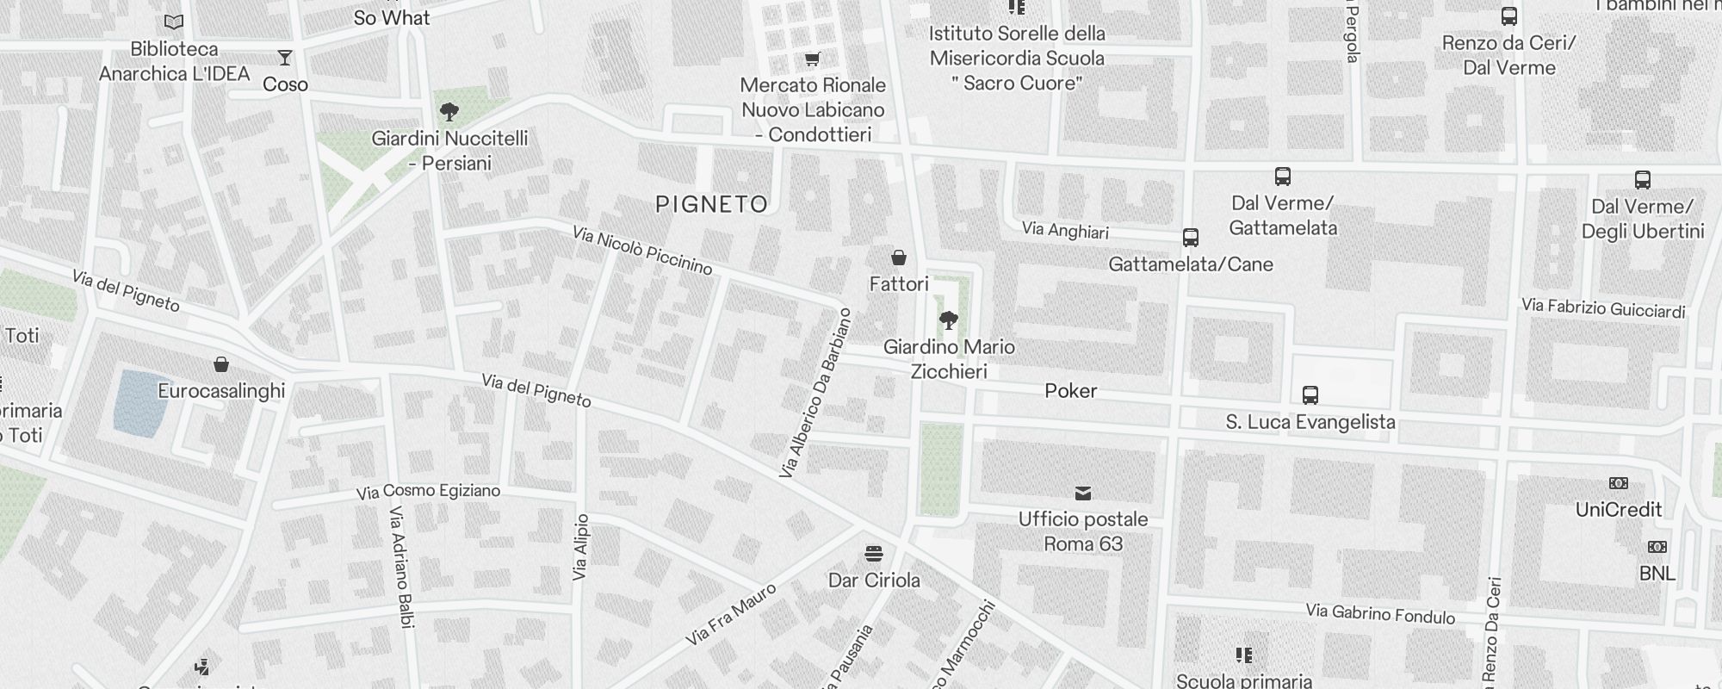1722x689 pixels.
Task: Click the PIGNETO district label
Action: point(711,204)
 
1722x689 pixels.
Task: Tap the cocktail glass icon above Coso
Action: point(285,58)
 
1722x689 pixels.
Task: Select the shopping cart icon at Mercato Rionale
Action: point(812,59)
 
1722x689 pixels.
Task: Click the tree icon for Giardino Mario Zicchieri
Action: point(949,321)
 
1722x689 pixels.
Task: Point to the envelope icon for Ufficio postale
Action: point(1083,493)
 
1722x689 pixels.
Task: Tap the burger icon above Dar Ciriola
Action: point(874,553)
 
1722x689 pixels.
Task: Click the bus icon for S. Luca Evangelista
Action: point(1310,395)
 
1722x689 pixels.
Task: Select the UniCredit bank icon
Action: point(1619,484)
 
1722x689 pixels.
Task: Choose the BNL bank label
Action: point(1657,574)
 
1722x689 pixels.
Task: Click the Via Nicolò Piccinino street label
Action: point(643,251)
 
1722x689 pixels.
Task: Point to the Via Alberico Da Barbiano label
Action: point(815,394)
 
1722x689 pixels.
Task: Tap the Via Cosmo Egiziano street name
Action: point(428,492)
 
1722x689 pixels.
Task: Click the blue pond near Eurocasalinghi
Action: point(140,401)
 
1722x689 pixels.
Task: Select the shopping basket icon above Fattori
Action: point(899,258)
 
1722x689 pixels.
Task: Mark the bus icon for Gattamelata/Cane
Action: point(1191,238)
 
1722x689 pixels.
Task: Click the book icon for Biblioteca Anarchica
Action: point(174,22)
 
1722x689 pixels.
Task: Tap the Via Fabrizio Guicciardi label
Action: point(1603,307)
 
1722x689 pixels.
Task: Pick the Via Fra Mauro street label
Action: point(731,615)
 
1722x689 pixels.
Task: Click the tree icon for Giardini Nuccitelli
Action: point(449,111)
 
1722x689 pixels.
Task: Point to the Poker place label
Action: point(1071,391)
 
